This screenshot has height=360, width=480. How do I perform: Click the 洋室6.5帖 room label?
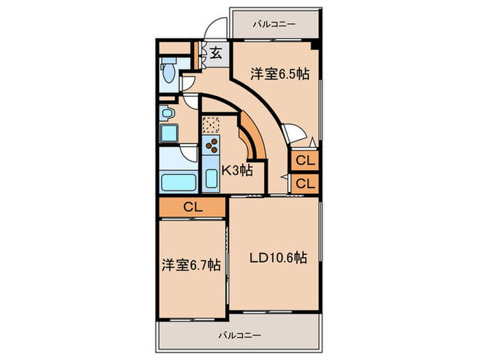277,74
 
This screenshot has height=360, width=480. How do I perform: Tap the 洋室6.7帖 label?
191,265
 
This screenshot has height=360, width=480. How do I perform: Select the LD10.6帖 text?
277,259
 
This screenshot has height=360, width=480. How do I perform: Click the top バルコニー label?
274,24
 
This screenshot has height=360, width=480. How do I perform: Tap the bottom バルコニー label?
239,336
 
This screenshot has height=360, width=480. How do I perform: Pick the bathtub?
178,182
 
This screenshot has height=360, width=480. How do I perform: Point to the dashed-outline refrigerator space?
211,125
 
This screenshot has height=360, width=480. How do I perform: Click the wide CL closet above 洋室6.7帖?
192,206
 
